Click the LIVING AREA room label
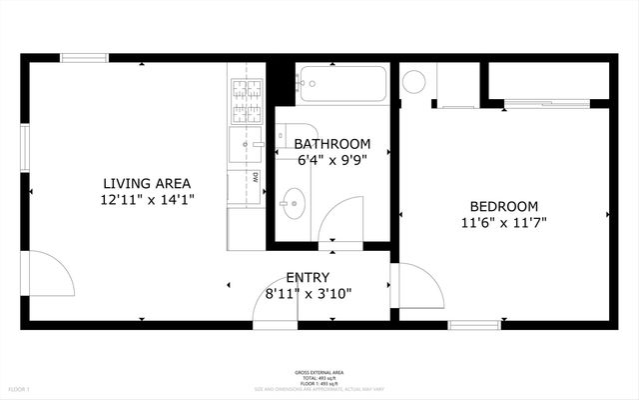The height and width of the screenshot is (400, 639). click(x=147, y=183)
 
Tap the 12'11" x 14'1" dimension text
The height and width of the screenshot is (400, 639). click(x=147, y=200)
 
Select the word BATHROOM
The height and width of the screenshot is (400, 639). click(x=331, y=144)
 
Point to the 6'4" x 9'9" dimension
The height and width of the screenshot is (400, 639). click(x=331, y=160)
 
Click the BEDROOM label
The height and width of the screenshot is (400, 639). click(x=504, y=205)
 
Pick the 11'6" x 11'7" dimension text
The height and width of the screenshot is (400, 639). click(x=504, y=222)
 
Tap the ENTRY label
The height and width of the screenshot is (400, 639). click(x=308, y=277)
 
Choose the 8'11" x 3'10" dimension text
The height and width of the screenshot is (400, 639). click(x=308, y=293)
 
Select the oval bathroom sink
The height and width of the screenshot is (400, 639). click(x=295, y=205)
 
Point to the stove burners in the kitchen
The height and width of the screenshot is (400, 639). click(x=246, y=96)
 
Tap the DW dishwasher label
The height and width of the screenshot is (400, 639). click(x=255, y=177)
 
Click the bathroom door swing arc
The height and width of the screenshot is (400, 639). click(x=343, y=217)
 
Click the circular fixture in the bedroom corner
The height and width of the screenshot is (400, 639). click(x=414, y=81)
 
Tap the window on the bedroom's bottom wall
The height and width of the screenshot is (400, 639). click(x=473, y=325)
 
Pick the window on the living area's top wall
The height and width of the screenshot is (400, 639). click(x=84, y=58)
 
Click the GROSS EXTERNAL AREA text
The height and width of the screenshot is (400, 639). click(x=319, y=370)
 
